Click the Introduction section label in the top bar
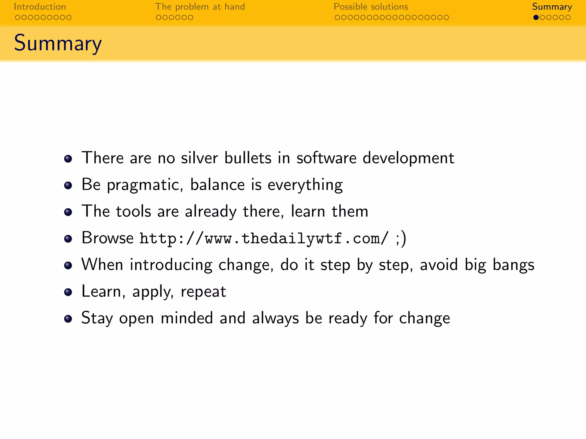click(x=40, y=7)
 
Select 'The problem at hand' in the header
click(x=200, y=7)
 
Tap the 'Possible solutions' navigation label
click(x=371, y=7)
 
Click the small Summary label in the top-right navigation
click(x=552, y=7)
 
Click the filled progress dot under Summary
click(x=536, y=17)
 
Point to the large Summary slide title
click(x=58, y=43)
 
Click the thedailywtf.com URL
click(x=264, y=238)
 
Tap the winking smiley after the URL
click(x=401, y=238)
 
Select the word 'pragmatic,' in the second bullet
click(x=145, y=185)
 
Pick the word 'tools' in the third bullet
click(x=133, y=211)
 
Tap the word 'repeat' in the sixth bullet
click(x=203, y=292)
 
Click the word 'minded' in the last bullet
click(x=187, y=318)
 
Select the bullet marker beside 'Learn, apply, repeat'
click(x=68, y=292)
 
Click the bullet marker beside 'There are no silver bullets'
click(x=68, y=159)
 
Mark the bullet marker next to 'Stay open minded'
click(x=68, y=319)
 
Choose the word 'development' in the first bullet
click(x=408, y=158)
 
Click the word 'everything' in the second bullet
click(x=305, y=185)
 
